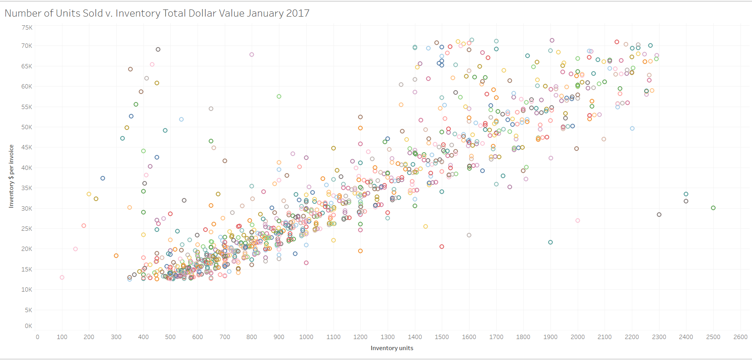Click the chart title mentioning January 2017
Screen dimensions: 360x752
(x=157, y=13)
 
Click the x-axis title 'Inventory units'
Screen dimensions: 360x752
(x=392, y=348)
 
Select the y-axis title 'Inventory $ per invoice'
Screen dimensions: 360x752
(x=11, y=176)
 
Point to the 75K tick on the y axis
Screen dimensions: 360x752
(x=27, y=28)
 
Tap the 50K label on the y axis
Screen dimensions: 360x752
(x=27, y=127)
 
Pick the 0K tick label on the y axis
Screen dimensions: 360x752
(x=28, y=326)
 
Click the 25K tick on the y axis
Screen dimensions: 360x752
(x=27, y=229)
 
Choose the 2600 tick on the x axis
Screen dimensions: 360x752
(x=740, y=337)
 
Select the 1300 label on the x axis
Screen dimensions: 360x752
(x=387, y=337)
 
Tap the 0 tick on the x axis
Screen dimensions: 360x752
(x=38, y=337)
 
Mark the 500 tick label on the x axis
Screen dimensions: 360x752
(x=170, y=337)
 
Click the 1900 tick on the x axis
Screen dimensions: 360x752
(x=550, y=337)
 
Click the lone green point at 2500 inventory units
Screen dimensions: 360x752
(x=713, y=208)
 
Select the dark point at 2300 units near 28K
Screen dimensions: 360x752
(x=659, y=215)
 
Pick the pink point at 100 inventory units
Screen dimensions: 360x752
(x=62, y=277)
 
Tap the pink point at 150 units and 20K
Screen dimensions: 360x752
(x=75, y=249)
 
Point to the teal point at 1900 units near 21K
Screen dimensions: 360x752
(x=550, y=242)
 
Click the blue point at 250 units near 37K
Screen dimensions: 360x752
(x=103, y=178)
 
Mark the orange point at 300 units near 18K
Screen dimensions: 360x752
(x=116, y=256)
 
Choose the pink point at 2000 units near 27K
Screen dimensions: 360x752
(x=578, y=221)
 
